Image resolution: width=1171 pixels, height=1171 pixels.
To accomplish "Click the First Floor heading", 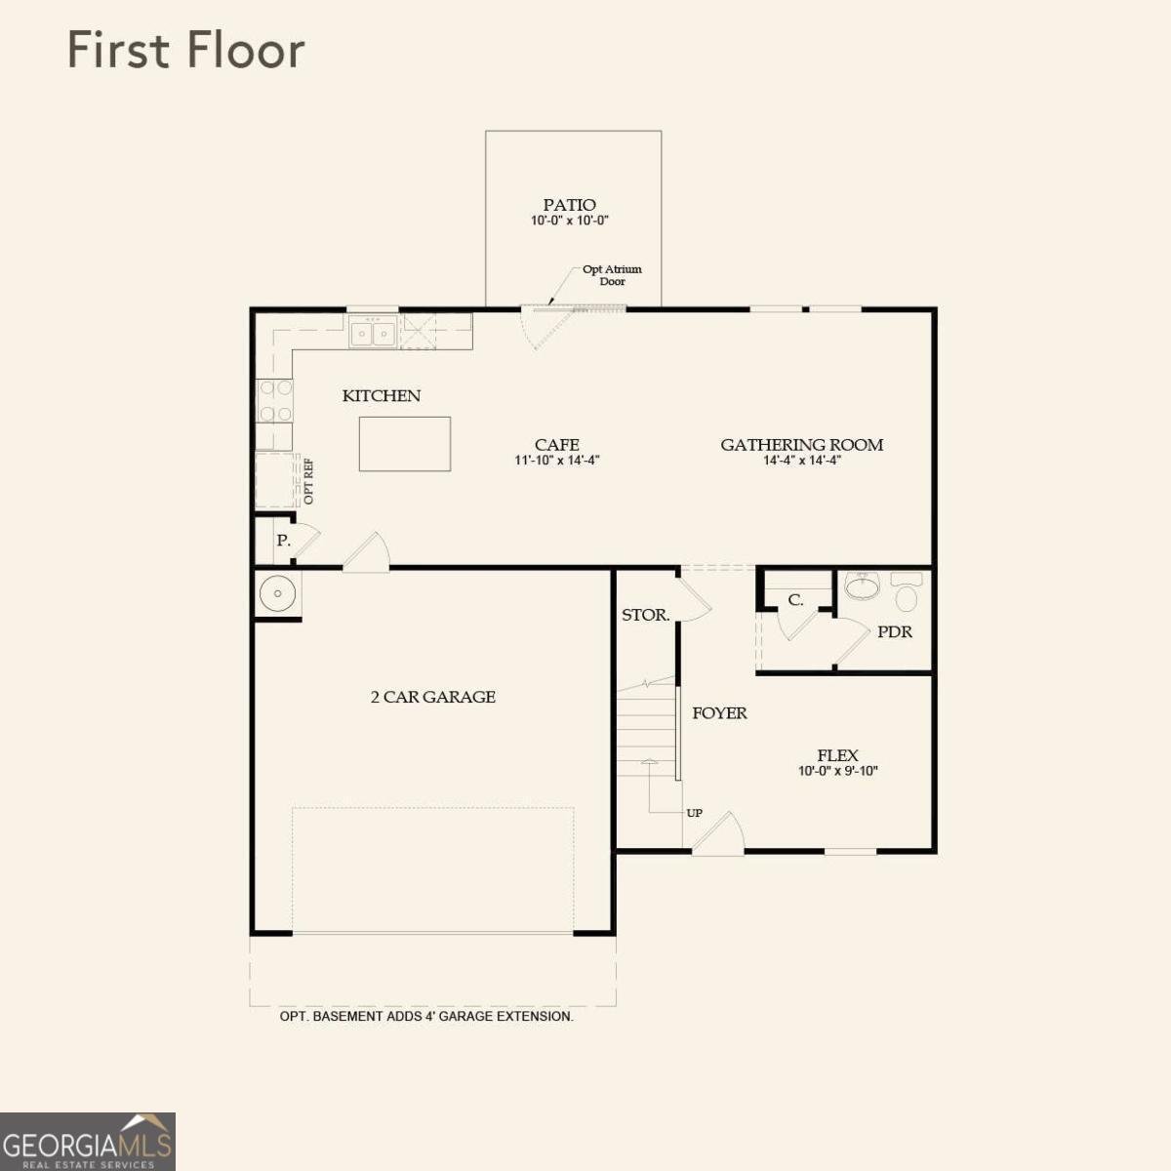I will coord(185,51).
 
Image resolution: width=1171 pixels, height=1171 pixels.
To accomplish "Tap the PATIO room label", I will coord(570,205).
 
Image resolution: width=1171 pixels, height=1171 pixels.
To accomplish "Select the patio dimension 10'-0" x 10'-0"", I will coord(570,221).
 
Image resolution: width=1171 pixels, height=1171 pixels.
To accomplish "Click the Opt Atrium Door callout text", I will coord(612,275).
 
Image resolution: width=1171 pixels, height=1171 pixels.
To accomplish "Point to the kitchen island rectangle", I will coord(405,444).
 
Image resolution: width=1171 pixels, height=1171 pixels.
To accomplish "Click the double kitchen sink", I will coord(374,334).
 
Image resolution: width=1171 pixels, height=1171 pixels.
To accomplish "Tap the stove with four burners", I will coord(274,400).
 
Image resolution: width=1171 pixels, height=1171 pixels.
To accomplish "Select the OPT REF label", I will coord(308,481).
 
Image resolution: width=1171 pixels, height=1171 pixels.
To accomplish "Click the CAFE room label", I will coord(557,444).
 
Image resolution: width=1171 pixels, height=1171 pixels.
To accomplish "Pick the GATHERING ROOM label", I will coord(802,444).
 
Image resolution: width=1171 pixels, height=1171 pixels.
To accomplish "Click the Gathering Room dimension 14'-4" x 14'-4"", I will coord(802,461).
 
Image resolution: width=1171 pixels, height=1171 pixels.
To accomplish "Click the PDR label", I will coord(895,632).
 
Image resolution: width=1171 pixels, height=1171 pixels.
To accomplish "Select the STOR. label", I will coord(646,616).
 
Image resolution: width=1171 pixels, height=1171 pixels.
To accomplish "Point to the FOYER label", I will coord(720,713).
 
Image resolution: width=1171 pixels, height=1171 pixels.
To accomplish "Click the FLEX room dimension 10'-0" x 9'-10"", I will coord(838,771).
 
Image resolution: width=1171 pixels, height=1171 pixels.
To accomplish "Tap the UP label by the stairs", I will coord(695,813).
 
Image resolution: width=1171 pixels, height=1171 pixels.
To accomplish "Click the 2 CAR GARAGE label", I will coord(433,697).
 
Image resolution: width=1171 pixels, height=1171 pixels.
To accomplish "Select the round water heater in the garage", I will coord(278,593).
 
